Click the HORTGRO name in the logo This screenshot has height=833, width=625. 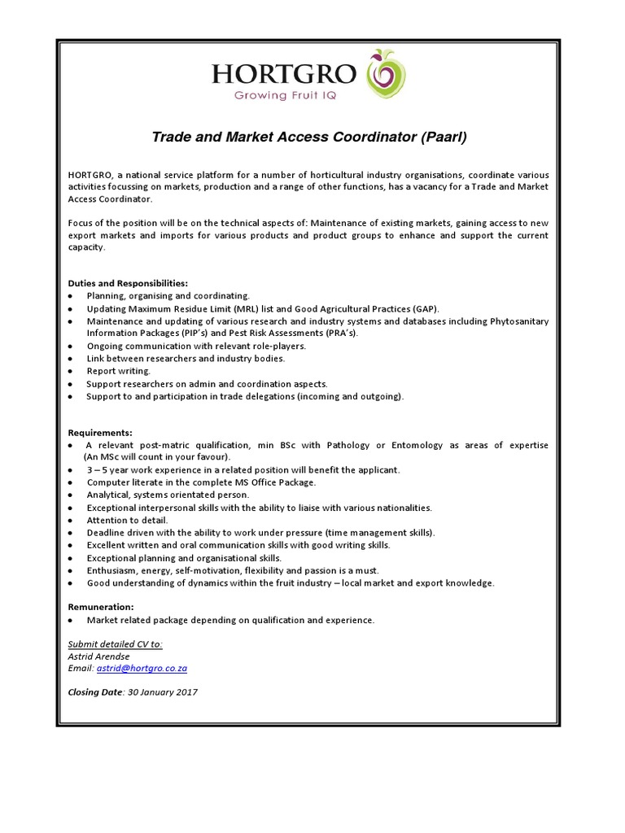283,74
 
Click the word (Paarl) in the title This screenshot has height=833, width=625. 444,137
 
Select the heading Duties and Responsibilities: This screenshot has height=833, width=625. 128,283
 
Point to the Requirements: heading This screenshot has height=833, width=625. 100,433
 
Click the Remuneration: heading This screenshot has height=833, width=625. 101,607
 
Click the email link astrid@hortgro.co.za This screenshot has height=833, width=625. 142,668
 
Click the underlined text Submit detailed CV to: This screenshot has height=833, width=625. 116,644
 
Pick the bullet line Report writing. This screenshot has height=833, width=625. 119,371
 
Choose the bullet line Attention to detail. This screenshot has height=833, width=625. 128,520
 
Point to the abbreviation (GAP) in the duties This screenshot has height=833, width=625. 423,309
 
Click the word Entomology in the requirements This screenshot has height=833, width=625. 417,445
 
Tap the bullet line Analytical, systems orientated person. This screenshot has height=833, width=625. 168,495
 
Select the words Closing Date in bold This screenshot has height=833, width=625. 95,692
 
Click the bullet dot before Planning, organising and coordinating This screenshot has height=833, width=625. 72,296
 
